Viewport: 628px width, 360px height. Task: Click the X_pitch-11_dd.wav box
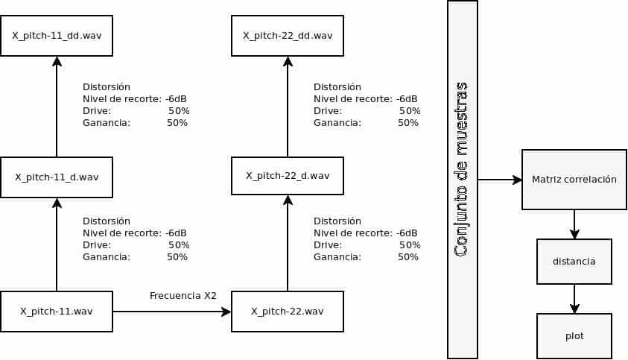57,36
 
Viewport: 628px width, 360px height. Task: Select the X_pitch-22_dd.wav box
288,36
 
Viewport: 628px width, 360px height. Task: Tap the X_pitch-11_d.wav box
57,177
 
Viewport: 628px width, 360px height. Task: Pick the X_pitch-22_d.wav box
288,176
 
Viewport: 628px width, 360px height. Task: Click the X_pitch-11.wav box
57,312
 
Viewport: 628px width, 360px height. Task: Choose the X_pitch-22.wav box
288,312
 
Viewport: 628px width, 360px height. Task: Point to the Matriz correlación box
574,180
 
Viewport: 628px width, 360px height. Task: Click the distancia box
574,262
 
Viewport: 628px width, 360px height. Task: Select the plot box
574,336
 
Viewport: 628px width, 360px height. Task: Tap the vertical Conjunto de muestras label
462,169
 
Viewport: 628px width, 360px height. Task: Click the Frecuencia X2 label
183,296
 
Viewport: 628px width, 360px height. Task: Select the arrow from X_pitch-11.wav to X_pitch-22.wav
172,312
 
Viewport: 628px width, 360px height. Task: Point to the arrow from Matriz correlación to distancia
574,224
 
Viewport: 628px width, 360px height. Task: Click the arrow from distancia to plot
574,299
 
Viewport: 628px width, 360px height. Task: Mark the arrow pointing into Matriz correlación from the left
500,180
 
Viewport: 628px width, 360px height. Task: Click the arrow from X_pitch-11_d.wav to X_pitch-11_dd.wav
57,107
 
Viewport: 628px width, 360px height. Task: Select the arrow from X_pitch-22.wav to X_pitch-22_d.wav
288,243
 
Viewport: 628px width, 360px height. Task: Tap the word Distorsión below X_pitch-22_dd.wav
337,87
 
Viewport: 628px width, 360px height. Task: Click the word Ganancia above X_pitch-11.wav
107,257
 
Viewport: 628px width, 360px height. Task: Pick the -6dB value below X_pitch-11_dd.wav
176,99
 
